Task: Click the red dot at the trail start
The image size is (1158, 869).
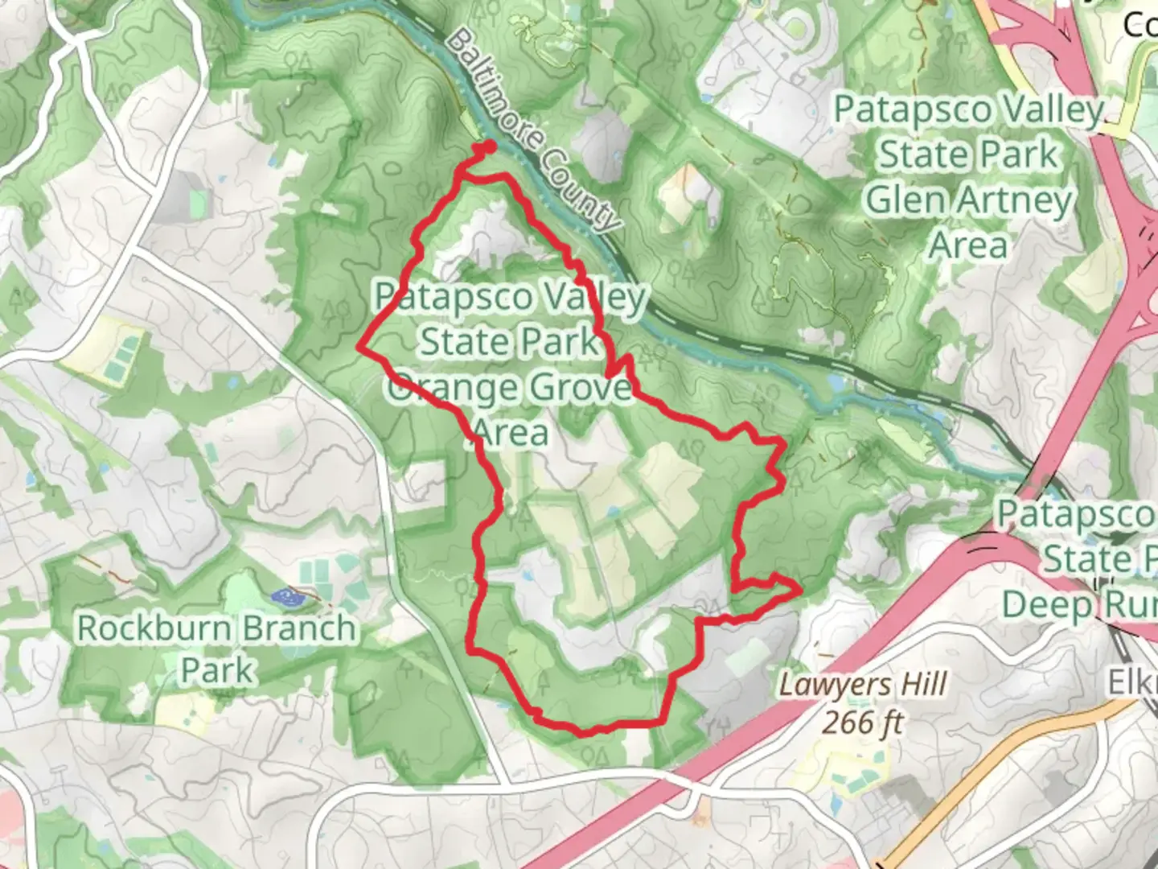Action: coord(488,146)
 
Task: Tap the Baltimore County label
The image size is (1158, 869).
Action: coord(534,131)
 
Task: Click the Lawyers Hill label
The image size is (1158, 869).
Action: coord(862,686)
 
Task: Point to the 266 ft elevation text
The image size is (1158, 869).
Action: coord(861,723)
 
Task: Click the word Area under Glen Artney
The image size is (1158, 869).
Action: coord(968,245)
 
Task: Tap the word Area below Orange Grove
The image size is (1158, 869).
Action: coord(511,433)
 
